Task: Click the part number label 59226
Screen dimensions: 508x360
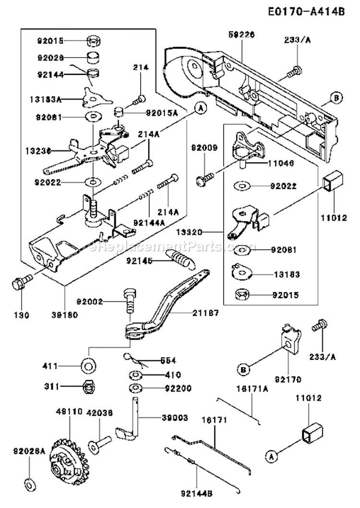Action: click(x=241, y=35)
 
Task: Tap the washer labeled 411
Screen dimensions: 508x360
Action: click(x=87, y=366)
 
